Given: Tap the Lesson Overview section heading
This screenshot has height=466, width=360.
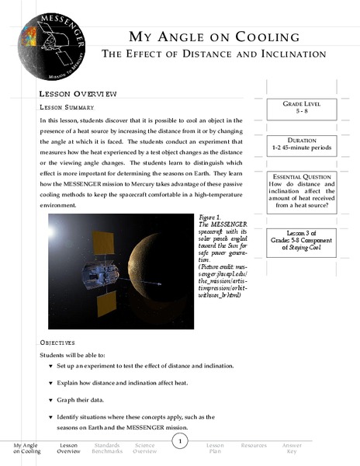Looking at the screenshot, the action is (x=78, y=93).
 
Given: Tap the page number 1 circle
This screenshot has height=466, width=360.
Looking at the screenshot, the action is (x=179, y=442).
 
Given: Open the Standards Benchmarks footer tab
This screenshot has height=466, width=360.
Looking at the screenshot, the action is (x=106, y=449).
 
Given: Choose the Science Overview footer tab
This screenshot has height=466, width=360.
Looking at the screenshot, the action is (x=144, y=449).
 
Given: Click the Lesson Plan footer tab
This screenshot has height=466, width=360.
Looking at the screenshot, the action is (x=216, y=449).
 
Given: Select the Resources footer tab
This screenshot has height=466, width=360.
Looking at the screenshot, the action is (x=254, y=446).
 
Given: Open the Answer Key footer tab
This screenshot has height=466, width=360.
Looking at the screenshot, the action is (x=292, y=449).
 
